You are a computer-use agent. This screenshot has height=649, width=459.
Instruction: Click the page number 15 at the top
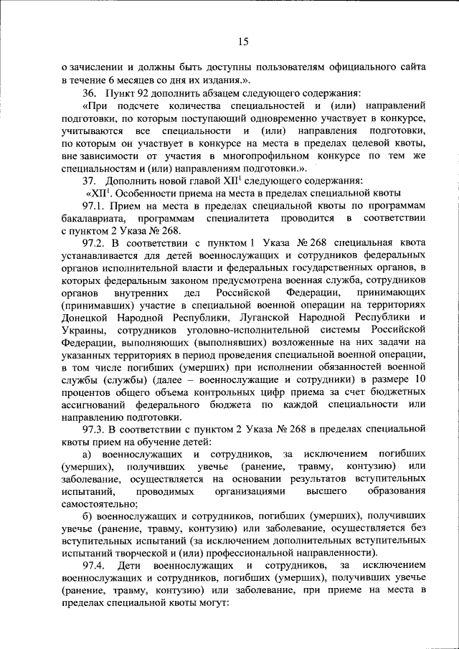[x=242, y=42]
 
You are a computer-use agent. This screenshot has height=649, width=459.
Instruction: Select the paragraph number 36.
[x=90, y=93]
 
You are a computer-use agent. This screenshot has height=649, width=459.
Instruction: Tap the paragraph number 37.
[x=90, y=180]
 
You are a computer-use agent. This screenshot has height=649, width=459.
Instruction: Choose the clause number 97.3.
[x=94, y=429]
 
